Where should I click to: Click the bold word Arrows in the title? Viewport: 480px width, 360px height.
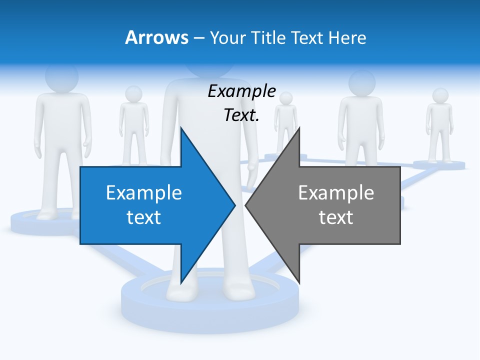[x=156, y=37]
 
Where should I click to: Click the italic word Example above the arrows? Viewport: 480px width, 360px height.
[x=241, y=91]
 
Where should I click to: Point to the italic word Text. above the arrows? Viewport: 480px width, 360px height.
[x=241, y=115]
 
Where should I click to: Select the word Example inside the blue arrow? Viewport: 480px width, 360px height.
[x=144, y=192]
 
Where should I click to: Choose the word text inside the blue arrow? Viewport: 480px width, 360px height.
[x=144, y=217]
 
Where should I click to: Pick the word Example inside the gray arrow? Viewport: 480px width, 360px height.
[x=336, y=192]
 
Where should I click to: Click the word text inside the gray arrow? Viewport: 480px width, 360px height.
[x=336, y=217]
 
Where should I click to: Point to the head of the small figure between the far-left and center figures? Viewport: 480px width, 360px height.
[x=133, y=93]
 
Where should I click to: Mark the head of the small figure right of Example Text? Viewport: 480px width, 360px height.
[x=286, y=98]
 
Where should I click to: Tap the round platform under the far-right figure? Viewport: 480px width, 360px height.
[x=439, y=164]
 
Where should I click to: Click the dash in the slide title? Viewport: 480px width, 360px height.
[x=198, y=38]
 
